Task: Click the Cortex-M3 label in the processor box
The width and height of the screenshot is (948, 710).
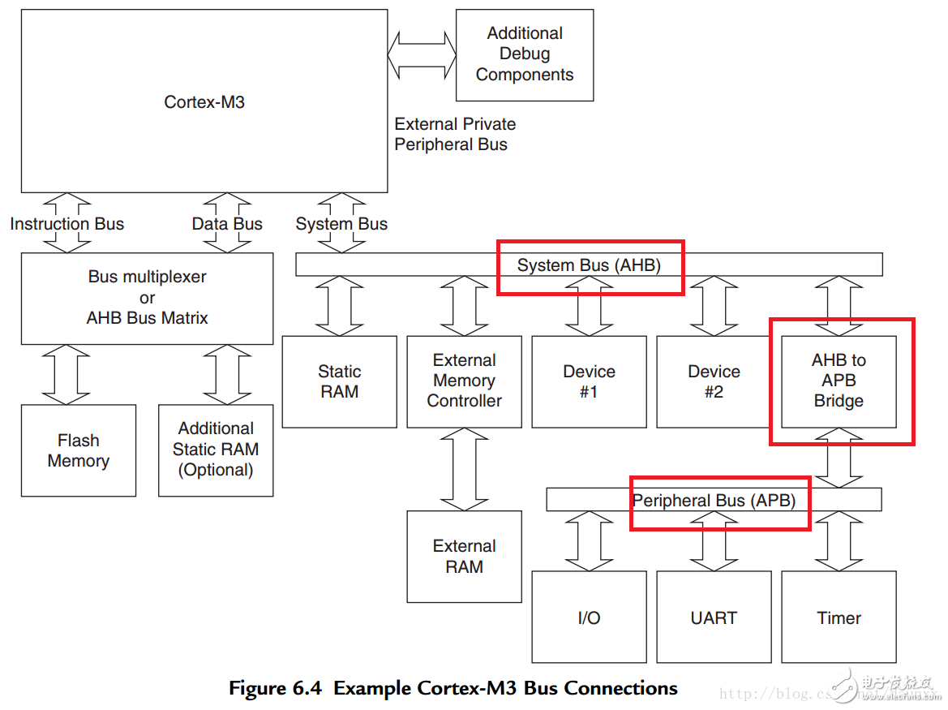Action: [x=204, y=102]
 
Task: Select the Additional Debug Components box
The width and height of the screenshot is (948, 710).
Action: [x=525, y=54]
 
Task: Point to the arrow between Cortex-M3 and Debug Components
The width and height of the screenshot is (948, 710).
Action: [x=422, y=54]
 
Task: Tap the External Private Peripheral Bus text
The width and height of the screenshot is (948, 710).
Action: [x=455, y=134]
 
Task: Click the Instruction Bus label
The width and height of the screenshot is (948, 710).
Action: [x=67, y=224]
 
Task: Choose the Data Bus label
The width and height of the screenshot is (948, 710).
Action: [x=227, y=224]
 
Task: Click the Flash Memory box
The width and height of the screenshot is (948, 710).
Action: [x=78, y=450]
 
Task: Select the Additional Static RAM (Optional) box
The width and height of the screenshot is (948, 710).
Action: [x=216, y=450]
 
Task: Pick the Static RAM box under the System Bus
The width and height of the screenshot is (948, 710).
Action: [x=339, y=381]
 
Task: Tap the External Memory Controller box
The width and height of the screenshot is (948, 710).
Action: [x=464, y=381]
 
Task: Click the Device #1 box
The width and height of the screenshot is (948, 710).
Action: [x=589, y=381]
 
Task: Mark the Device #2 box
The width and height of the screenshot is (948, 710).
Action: [x=714, y=381]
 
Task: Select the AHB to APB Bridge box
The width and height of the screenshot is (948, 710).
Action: [x=839, y=381]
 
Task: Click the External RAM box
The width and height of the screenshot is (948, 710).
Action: [x=464, y=557]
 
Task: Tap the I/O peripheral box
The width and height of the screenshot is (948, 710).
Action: [x=589, y=617]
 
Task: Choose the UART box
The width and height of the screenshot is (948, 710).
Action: [x=714, y=617]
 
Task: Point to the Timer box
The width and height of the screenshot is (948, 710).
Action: [x=839, y=617]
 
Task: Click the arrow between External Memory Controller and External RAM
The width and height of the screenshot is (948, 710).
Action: [x=464, y=469]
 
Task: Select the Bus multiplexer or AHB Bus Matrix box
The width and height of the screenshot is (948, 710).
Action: [x=147, y=298]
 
